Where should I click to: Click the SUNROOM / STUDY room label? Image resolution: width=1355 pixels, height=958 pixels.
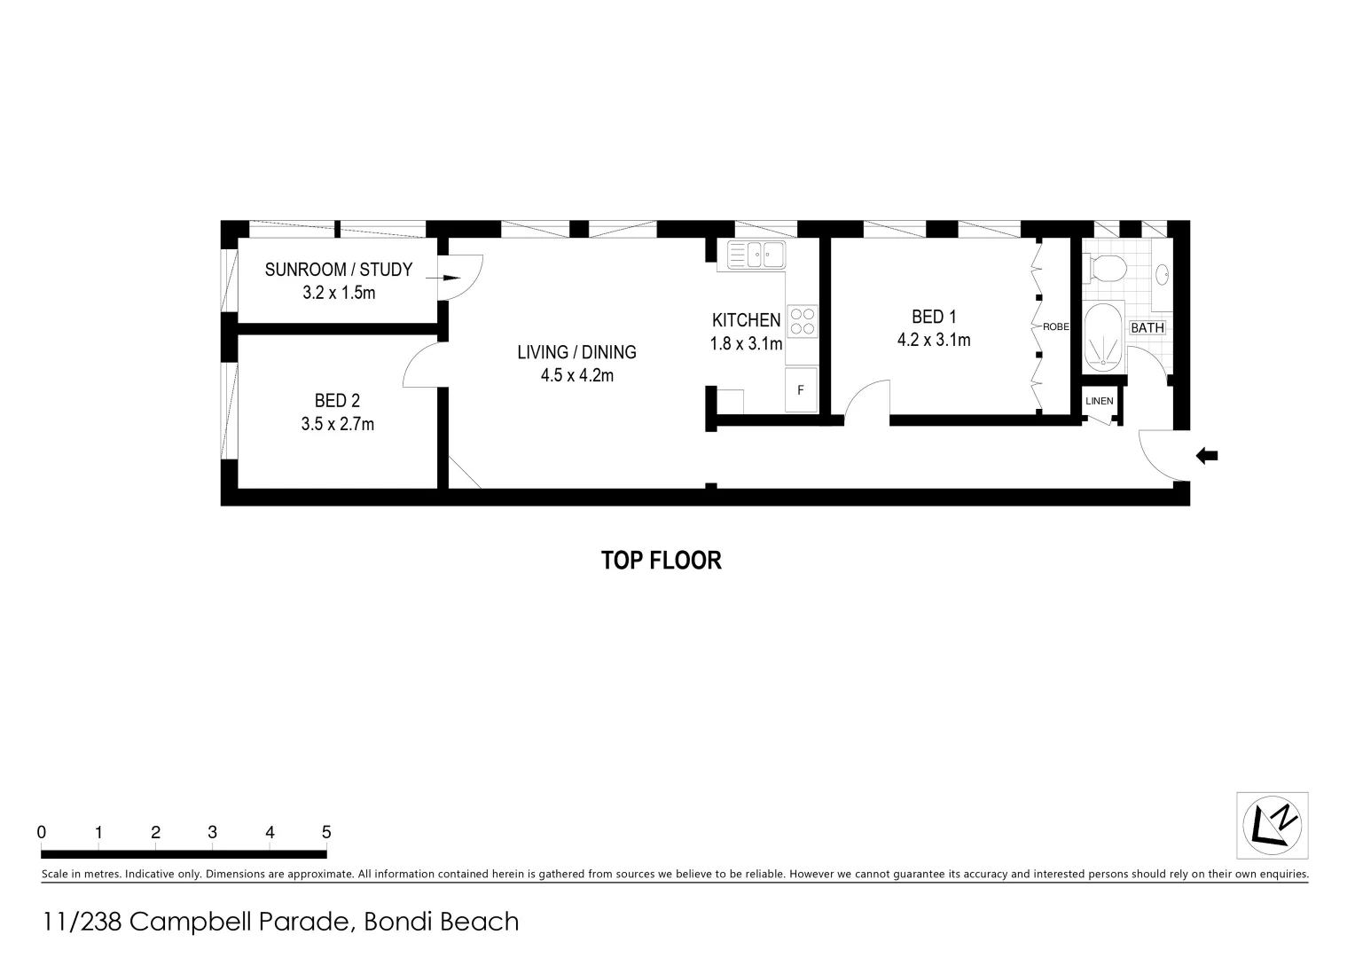coord(338,269)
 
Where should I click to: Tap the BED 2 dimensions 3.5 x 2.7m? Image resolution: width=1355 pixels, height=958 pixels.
coord(337,424)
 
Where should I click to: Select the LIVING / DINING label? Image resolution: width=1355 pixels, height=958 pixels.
coord(576,352)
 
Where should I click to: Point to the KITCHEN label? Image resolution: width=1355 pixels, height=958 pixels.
coord(746,320)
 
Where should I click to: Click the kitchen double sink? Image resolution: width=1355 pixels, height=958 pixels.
coord(756,255)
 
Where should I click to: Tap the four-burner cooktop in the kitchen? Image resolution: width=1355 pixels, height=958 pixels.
coord(803,320)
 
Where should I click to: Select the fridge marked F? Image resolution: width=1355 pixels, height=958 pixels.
coord(801,390)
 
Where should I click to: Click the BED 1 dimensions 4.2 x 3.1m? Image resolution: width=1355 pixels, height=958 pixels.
coord(934,340)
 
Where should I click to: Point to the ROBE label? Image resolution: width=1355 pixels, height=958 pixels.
coord(1055,326)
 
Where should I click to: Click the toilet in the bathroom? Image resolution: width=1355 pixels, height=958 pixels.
coord(1105,266)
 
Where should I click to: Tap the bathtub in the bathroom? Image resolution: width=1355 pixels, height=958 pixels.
coord(1103,338)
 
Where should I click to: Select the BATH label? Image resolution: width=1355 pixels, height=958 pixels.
coord(1147,327)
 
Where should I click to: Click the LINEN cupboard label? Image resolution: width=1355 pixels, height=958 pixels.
coord(1099,401)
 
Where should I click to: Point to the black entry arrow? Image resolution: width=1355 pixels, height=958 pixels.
coord(1207,456)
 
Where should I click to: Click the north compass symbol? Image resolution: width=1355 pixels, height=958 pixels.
coord(1272,826)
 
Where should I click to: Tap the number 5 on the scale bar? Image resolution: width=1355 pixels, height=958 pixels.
coord(326,832)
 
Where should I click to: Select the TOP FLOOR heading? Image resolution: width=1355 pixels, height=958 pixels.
coord(661,561)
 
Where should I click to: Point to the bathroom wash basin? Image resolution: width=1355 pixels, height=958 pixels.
coord(1163,274)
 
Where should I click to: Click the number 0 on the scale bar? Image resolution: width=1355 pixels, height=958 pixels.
coord(42,832)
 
